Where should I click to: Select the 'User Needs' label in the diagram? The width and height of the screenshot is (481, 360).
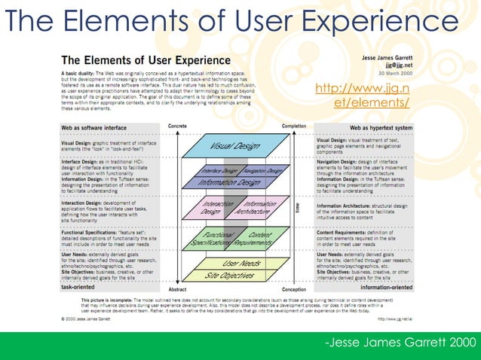coord(242,263)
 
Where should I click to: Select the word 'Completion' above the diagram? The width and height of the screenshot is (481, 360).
coord(293,126)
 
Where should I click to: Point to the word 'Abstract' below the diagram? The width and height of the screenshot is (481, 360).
coord(177,288)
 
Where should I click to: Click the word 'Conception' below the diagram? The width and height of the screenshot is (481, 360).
coord(293,288)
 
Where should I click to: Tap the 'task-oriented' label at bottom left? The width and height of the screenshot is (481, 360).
coord(78,287)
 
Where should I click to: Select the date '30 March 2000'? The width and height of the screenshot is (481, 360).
coord(396,72)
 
